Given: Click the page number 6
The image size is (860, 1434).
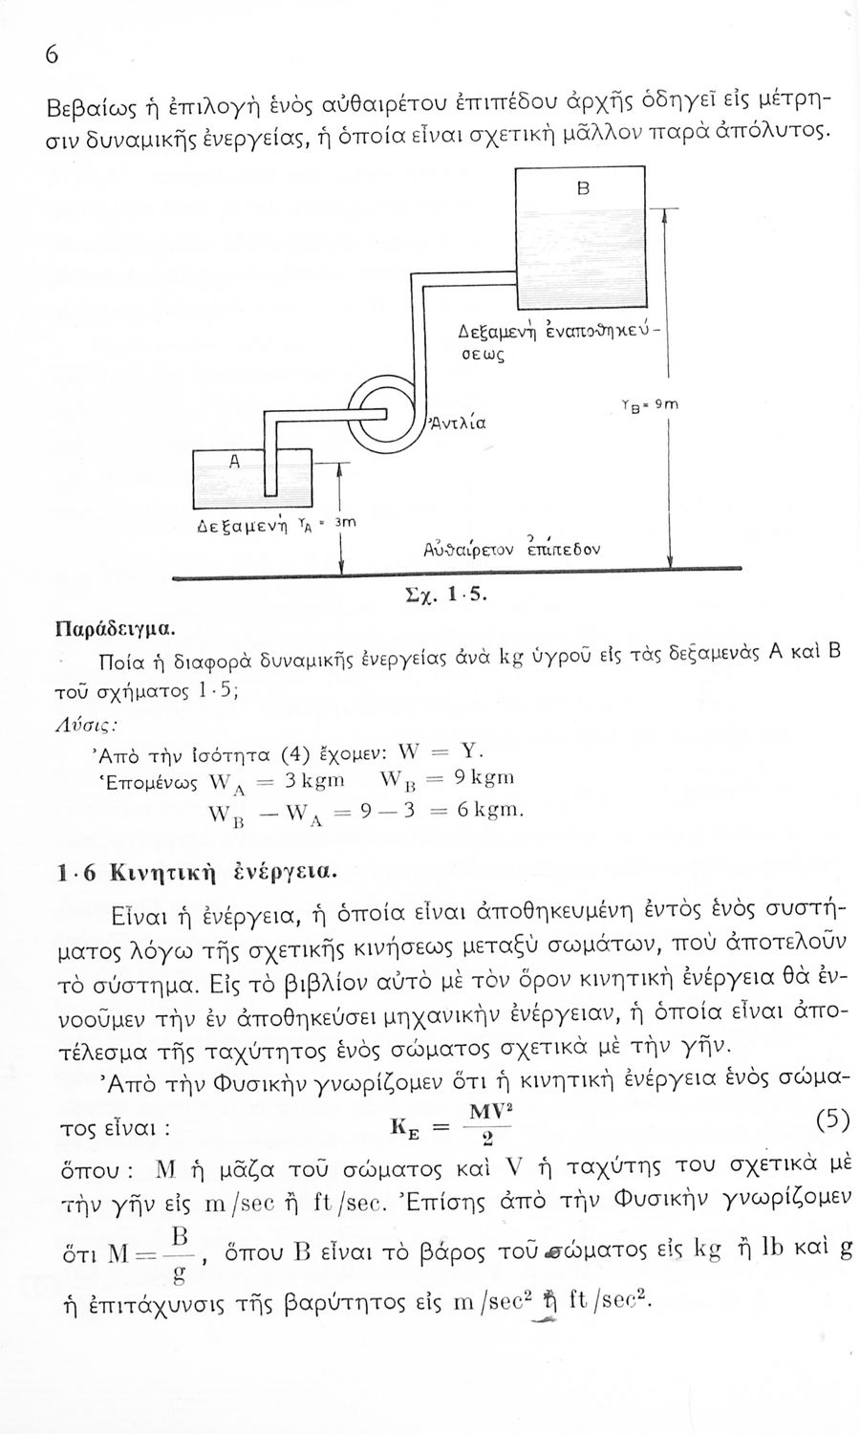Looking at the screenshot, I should [x=53, y=55].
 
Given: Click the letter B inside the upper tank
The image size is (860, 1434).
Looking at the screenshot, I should [x=581, y=188].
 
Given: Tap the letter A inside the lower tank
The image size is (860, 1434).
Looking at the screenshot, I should [x=232, y=459].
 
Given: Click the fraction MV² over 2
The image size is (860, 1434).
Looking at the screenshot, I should [x=487, y=1125].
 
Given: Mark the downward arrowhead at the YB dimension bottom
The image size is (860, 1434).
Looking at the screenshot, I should [x=670, y=563].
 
